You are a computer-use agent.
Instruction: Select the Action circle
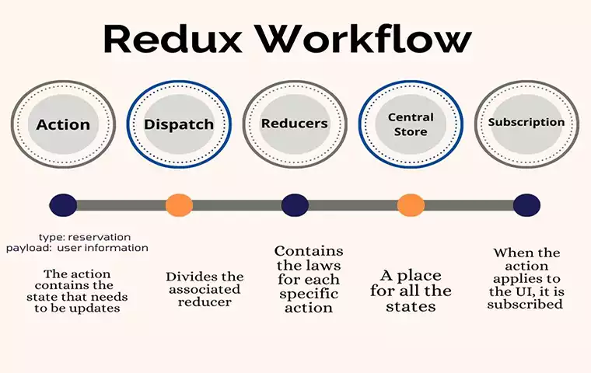(63, 124)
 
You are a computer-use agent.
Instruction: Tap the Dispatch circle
(179, 124)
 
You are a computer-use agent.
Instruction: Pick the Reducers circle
(295, 124)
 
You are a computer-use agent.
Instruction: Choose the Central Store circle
(411, 124)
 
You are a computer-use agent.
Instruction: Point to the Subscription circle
(526, 123)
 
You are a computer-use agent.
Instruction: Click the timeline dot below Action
(62, 205)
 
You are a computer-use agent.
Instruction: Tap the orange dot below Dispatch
(179, 205)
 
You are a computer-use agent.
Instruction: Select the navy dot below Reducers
(295, 205)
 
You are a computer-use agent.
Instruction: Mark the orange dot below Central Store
(411, 205)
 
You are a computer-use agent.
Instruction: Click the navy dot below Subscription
(526, 205)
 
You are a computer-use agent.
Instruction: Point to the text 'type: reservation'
(85, 236)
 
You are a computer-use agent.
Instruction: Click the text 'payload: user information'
(77, 248)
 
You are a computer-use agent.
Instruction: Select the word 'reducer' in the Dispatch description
(205, 302)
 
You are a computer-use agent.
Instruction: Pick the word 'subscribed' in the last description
(525, 304)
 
